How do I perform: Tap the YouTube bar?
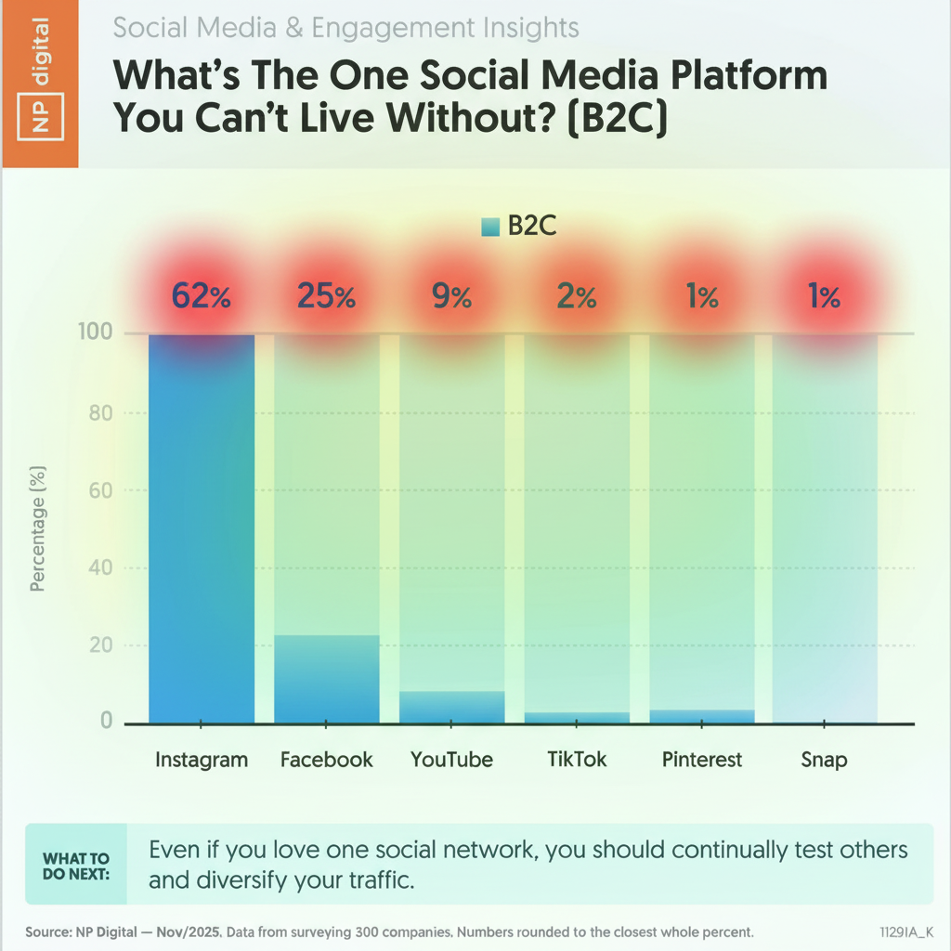tap(452, 707)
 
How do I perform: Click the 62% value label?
tap(202, 297)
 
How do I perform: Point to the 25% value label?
tap(327, 297)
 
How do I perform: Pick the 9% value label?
tap(451, 297)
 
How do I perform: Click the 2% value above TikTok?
tap(577, 297)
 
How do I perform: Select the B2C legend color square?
tap(490, 227)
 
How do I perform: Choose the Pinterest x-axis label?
tap(702, 760)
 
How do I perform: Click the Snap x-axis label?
tap(824, 760)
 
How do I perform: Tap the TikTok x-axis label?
tap(577, 759)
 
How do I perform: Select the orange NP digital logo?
tap(39, 84)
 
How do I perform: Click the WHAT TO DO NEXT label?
tap(76, 866)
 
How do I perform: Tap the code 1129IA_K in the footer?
tap(906, 930)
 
